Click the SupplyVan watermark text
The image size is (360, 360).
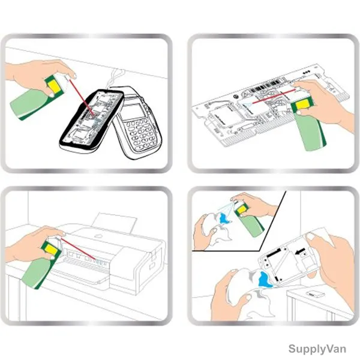click(x=317, y=349)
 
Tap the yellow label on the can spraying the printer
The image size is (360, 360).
click(x=52, y=250)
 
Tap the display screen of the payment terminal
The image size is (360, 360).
click(x=134, y=110)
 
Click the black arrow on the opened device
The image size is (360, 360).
click(x=300, y=252)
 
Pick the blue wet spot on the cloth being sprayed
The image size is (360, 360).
click(x=224, y=218)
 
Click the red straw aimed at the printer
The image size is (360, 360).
click(x=77, y=249)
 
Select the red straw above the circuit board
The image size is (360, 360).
click(x=274, y=96)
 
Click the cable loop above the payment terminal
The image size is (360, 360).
click(x=116, y=77)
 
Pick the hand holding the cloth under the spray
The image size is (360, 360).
click(x=203, y=231)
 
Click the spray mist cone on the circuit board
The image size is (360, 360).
click(x=247, y=105)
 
